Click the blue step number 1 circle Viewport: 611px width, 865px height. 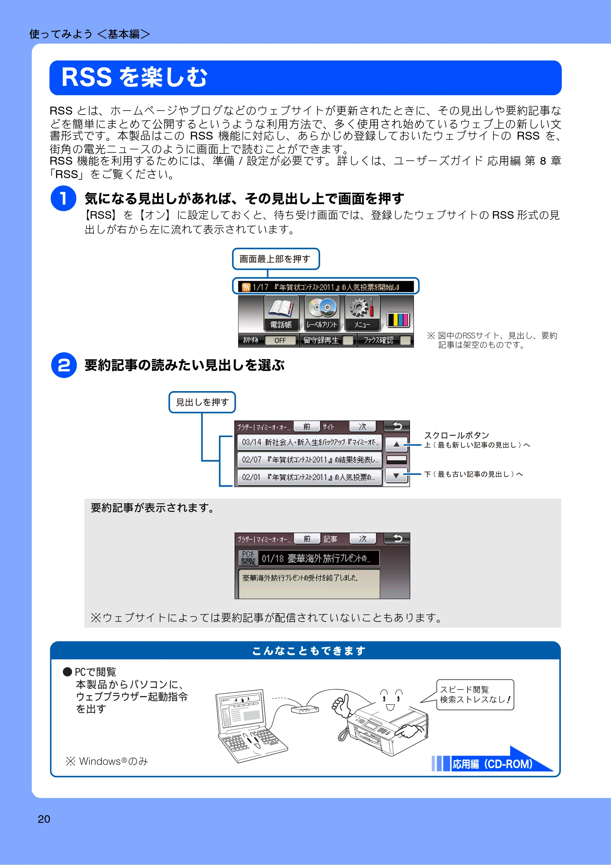tap(63, 199)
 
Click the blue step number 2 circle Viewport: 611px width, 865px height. tap(64, 365)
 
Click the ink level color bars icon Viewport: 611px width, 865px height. tap(398, 320)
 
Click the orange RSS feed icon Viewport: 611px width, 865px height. tap(246, 287)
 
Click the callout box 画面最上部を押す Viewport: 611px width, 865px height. tap(276, 259)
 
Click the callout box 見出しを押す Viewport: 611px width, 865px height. tap(202, 402)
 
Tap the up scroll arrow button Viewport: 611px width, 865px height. tap(396, 445)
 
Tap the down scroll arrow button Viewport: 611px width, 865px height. tap(396, 476)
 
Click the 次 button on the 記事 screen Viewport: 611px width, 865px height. tap(363, 539)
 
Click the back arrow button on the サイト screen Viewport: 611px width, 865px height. tap(397, 426)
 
